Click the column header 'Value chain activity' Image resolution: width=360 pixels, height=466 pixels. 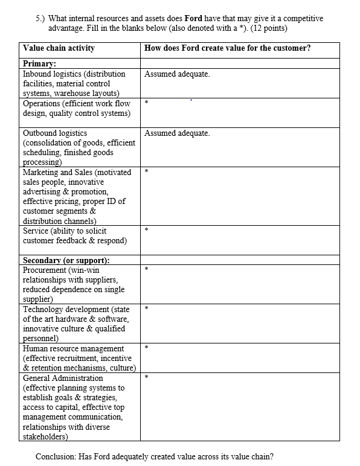coord(58,48)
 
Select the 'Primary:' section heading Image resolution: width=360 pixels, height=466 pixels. coord(39,63)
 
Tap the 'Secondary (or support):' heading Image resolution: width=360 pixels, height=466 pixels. coord(66,260)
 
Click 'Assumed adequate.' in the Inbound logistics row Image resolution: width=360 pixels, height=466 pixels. coord(177,74)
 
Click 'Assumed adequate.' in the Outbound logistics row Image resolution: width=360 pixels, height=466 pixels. coord(177,133)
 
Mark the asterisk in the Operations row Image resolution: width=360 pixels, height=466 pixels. coord(146,104)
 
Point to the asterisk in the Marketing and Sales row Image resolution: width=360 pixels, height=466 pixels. coord(146,173)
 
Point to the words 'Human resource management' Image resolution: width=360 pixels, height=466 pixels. coord(72,348)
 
